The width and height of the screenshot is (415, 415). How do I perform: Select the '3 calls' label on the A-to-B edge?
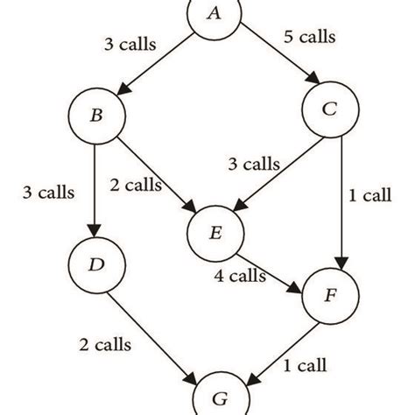click(130, 41)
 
